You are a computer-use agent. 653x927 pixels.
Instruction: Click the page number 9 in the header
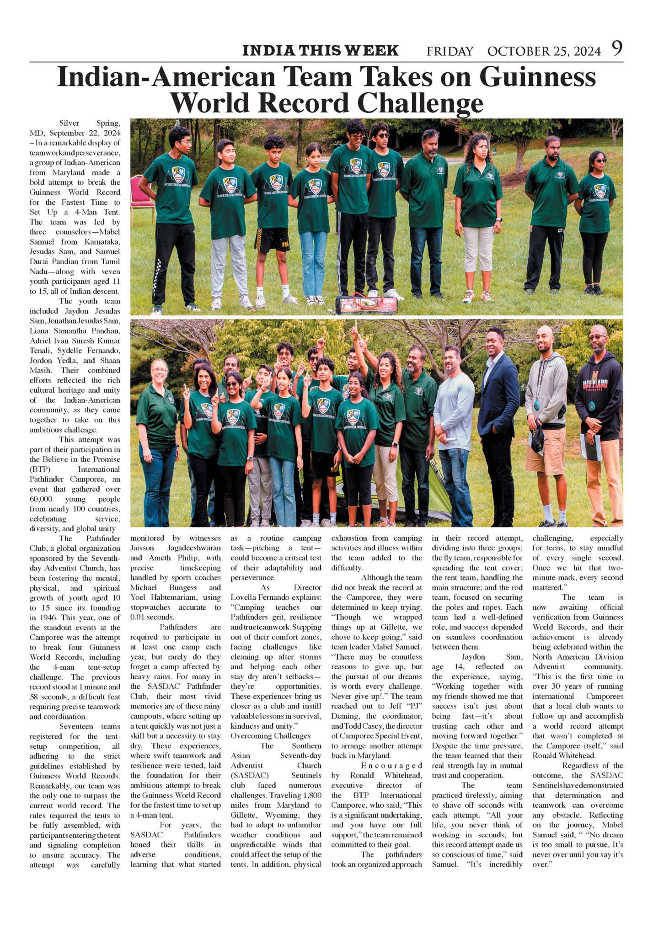(617, 48)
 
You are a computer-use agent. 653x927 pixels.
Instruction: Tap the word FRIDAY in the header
(450, 51)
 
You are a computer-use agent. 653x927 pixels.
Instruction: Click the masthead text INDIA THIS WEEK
(320, 50)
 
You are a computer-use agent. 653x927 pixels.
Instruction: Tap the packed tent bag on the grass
(366, 304)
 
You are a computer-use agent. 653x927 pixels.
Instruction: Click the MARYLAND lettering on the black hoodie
(598, 384)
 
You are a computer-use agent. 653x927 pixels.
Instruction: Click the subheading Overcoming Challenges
(270, 735)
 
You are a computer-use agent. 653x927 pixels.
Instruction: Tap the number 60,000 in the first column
(41, 499)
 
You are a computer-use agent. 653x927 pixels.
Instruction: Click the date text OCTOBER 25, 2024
(544, 51)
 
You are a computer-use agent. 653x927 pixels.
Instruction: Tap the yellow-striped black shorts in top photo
(272, 240)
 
